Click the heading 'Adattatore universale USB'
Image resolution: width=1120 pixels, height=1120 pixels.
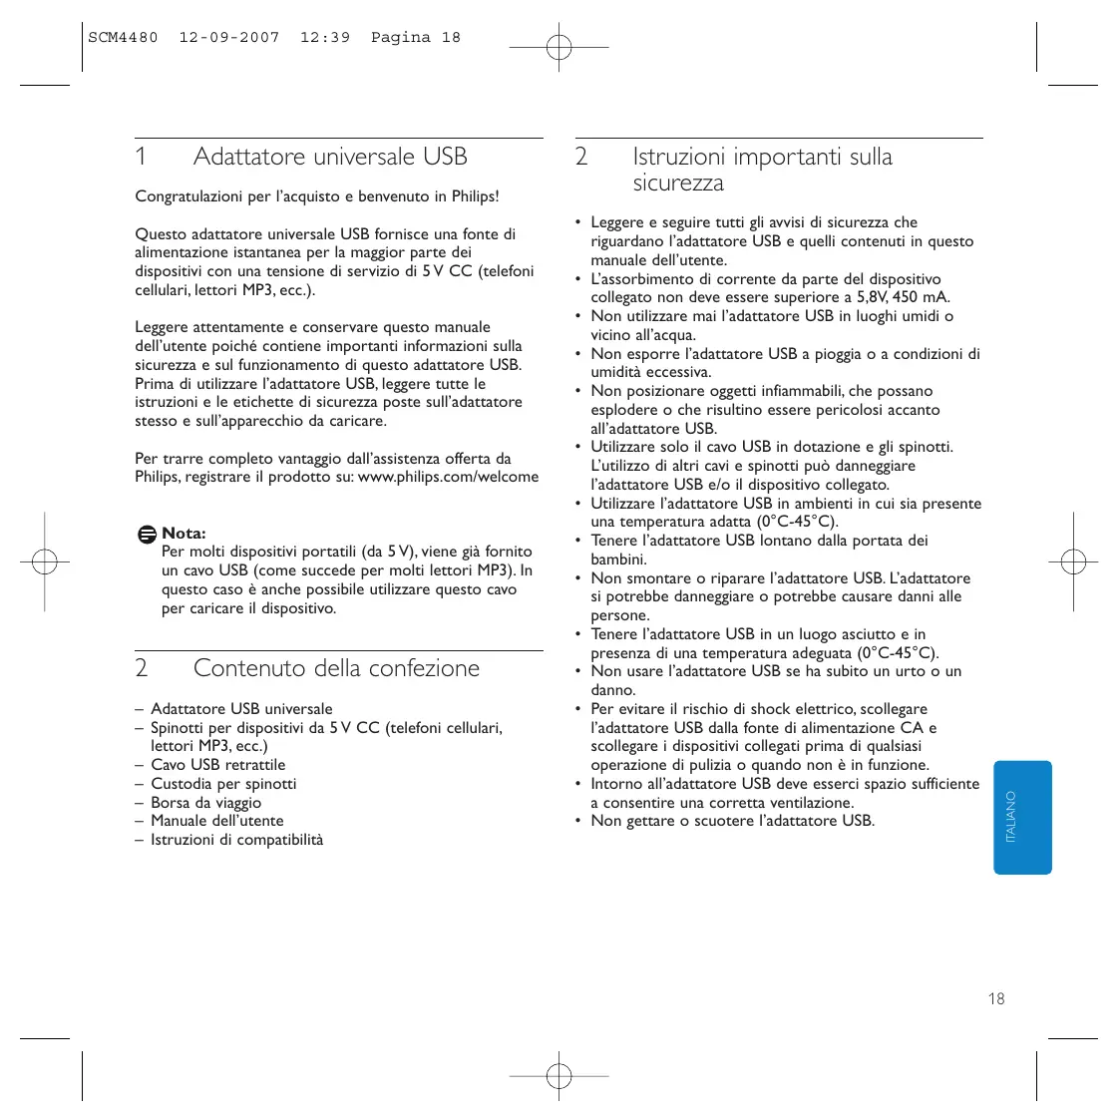click(x=330, y=157)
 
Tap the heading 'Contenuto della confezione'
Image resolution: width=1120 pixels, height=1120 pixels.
click(x=336, y=668)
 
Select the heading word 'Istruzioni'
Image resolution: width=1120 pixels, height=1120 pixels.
click(x=678, y=157)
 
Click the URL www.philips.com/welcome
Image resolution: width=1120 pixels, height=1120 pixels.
click(x=448, y=477)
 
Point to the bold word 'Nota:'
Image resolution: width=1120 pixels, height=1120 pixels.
click(x=184, y=534)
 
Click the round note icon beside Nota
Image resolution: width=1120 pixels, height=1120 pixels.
click(x=147, y=535)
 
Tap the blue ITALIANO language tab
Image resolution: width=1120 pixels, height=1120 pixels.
click(x=1022, y=818)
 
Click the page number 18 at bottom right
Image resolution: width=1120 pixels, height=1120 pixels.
click(x=995, y=998)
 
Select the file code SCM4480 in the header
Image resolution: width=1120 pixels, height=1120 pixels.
click(x=123, y=38)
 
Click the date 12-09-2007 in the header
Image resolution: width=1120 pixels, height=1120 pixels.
click(x=228, y=38)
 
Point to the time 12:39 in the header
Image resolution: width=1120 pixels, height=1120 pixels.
click(x=325, y=38)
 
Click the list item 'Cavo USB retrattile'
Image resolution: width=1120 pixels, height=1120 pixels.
click(x=217, y=765)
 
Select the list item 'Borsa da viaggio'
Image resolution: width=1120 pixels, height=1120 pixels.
click(x=205, y=803)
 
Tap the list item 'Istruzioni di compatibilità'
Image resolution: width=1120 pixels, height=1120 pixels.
click(x=236, y=840)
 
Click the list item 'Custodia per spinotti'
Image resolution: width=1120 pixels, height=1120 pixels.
click(x=223, y=784)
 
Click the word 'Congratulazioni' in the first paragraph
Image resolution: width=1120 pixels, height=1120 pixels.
click(x=188, y=196)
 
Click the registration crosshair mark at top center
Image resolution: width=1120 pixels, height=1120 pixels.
click(x=559, y=47)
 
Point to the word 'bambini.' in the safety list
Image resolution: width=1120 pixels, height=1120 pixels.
click(x=618, y=560)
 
